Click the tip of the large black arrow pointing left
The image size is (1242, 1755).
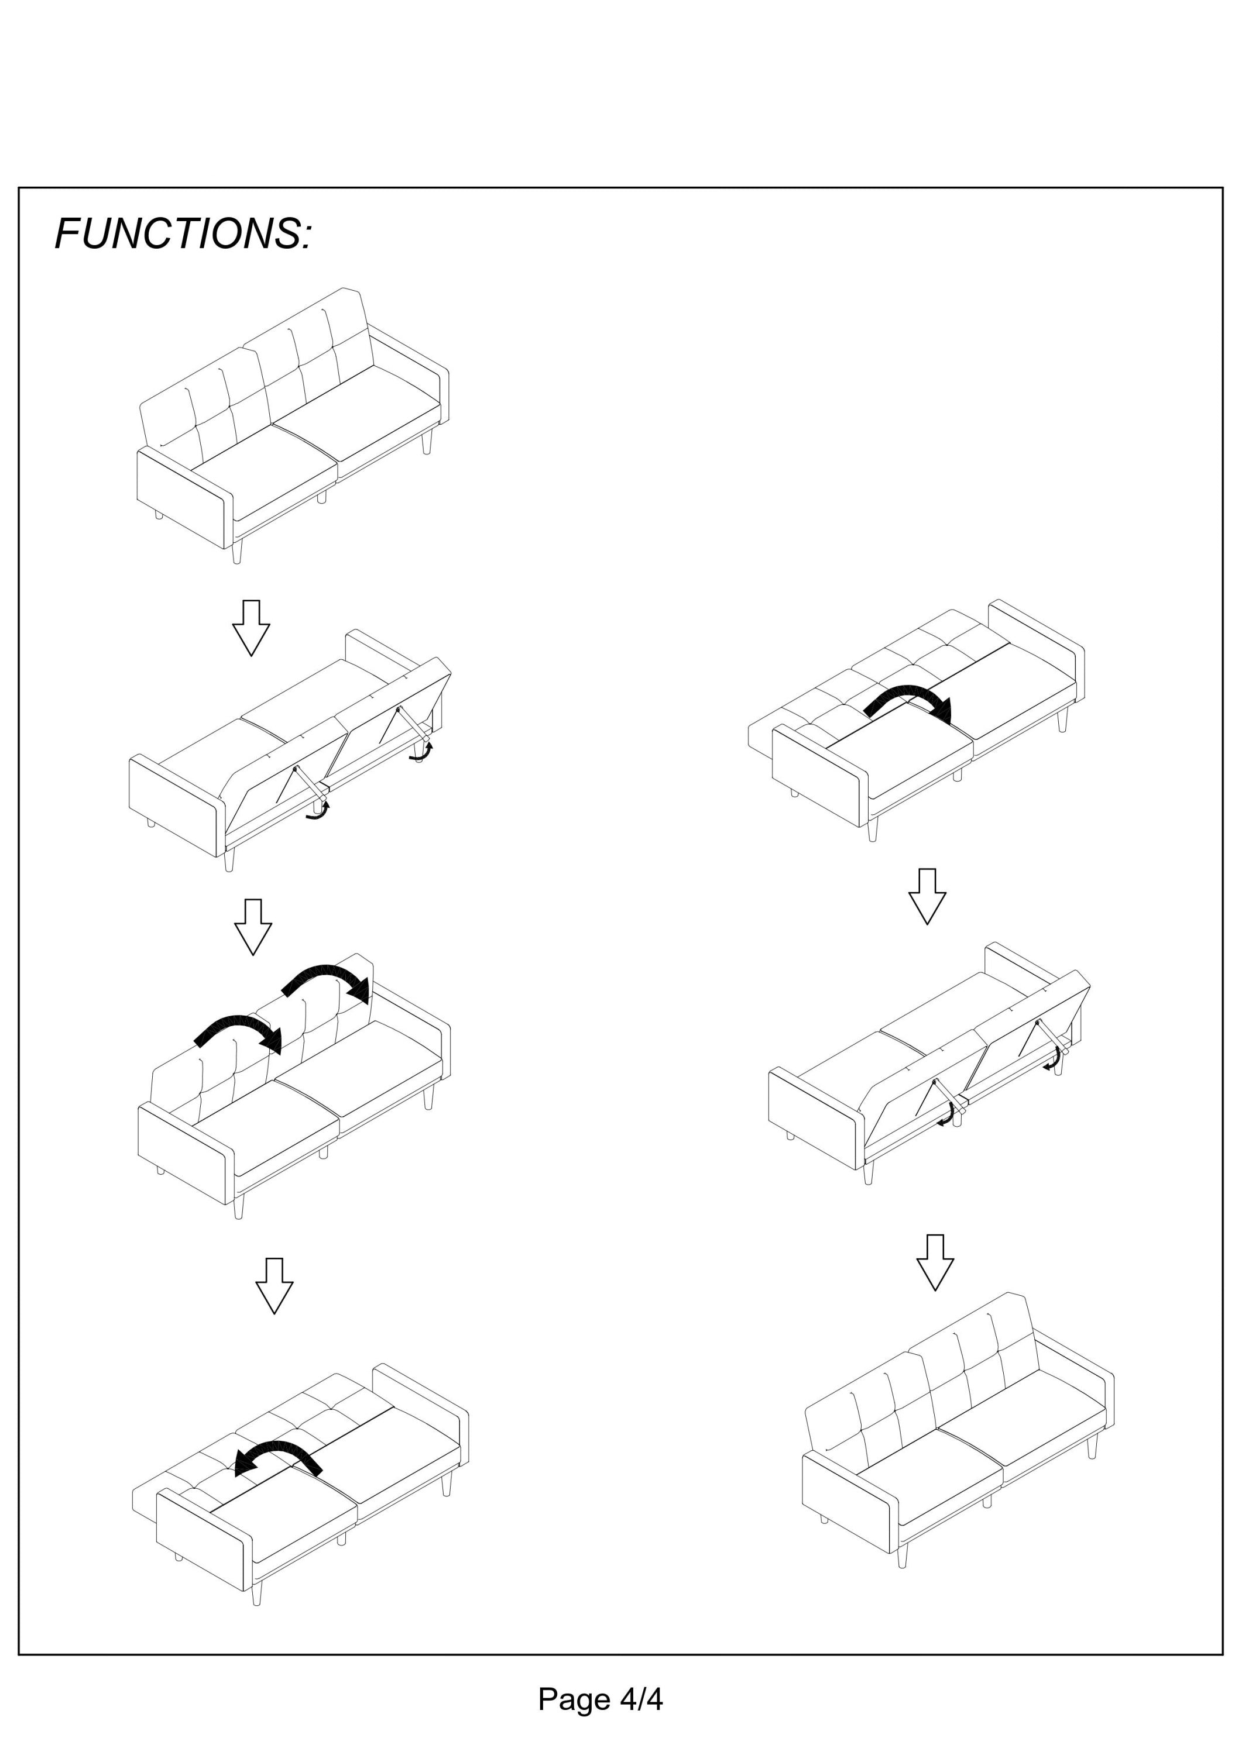[235, 1469]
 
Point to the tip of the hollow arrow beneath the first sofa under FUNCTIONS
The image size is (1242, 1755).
[251, 655]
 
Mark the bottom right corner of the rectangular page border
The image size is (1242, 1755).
[1223, 1654]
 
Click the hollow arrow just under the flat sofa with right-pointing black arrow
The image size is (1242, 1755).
[927, 897]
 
